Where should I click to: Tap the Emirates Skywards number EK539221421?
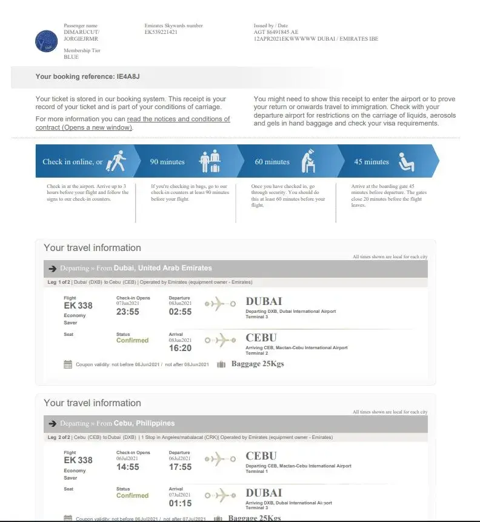[161, 32]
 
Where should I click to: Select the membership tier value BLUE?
[71, 57]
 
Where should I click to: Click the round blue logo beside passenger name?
[47, 41]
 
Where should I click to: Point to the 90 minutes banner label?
[167, 162]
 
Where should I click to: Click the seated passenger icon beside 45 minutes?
[405, 161]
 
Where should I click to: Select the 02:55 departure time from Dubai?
[180, 312]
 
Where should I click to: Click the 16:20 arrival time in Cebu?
[180, 348]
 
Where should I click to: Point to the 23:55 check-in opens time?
[128, 312]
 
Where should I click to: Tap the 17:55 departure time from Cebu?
[180, 467]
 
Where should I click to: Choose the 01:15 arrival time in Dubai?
[180, 503]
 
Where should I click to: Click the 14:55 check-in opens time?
[128, 467]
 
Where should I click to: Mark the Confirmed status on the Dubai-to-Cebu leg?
[132, 340]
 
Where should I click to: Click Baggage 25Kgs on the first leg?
[258, 364]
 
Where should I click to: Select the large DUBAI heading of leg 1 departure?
[264, 301]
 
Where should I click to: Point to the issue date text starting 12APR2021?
[316, 39]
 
